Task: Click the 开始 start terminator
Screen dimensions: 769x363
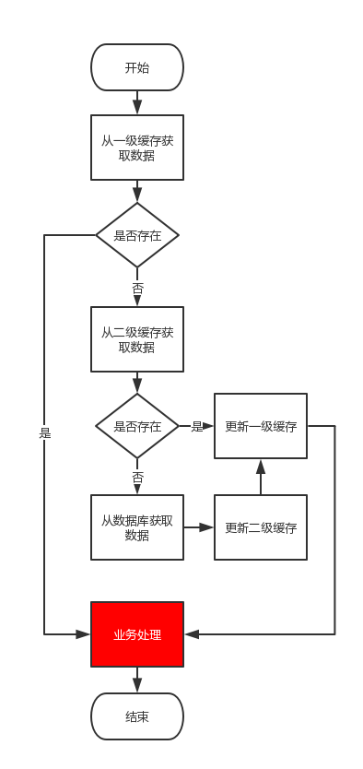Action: click(x=137, y=67)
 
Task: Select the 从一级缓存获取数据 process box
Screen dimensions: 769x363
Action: click(x=137, y=148)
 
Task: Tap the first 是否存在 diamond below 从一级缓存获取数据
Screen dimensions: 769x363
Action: click(x=137, y=235)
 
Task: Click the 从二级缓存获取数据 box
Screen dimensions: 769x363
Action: click(x=137, y=339)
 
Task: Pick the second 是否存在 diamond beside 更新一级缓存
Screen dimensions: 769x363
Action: click(x=137, y=426)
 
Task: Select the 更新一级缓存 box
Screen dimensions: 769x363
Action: click(x=261, y=426)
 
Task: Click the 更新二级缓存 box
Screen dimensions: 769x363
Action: click(x=261, y=527)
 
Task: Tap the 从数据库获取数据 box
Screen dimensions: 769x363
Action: click(x=137, y=527)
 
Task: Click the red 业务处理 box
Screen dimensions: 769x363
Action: click(x=137, y=634)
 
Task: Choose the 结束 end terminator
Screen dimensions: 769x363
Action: click(x=137, y=716)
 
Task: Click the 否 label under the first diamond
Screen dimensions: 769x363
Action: click(x=137, y=288)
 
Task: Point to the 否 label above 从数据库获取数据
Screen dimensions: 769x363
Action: click(x=137, y=477)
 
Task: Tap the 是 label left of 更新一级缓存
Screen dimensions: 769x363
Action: click(x=196, y=426)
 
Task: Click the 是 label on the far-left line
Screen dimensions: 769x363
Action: click(x=44, y=432)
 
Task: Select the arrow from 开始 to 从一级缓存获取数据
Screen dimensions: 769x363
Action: click(x=137, y=103)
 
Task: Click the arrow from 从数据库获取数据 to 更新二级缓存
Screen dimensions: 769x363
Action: click(x=199, y=527)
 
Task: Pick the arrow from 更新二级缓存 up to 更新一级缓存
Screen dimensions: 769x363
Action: click(x=261, y=477)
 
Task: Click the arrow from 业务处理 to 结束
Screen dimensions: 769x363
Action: click(x=137, y=680)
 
